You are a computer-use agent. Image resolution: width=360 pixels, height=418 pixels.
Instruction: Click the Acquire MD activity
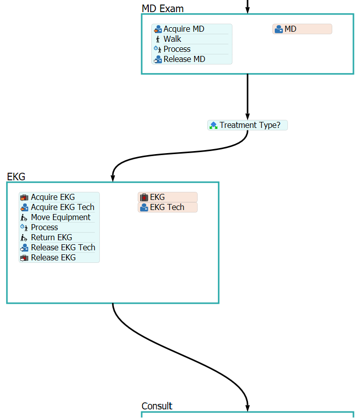[184, 29]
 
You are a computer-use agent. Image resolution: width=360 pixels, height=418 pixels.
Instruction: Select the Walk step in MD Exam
[172, 39]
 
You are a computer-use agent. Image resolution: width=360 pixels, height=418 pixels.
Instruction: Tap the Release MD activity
[184, 59]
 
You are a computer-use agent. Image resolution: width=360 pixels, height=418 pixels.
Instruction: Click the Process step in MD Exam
[177, 49]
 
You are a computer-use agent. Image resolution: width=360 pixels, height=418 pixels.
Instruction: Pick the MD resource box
[302, 29]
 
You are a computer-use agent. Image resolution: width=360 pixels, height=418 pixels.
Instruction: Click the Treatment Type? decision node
[248, 125]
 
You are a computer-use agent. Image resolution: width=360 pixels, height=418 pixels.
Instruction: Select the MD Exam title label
[162, 9]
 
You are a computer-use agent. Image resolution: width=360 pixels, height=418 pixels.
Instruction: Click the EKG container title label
[16, 177]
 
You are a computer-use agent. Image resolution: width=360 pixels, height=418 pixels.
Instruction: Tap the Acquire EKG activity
[53, 197]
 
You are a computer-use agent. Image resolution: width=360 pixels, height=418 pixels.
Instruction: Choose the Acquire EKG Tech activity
[63, 207]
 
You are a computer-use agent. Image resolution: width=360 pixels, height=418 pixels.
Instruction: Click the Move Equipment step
[61, 218]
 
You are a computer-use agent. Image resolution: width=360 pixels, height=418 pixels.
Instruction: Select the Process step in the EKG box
[44, 228]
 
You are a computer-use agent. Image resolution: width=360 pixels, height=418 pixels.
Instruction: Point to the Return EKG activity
[51, 238]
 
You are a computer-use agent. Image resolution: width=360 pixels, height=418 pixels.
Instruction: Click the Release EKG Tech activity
[63, 248]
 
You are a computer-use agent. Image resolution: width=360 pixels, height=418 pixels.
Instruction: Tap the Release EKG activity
[53, 258]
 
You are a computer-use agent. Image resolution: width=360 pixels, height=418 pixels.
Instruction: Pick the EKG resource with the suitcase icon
[167, 197]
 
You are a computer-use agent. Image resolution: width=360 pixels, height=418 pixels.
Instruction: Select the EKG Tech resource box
[167, 207]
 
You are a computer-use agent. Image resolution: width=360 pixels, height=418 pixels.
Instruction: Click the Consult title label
[157, 406]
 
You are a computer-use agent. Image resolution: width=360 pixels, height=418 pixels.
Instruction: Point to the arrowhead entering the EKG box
[113, 178]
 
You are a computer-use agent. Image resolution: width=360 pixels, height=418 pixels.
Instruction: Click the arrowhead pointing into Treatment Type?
[248, 116]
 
